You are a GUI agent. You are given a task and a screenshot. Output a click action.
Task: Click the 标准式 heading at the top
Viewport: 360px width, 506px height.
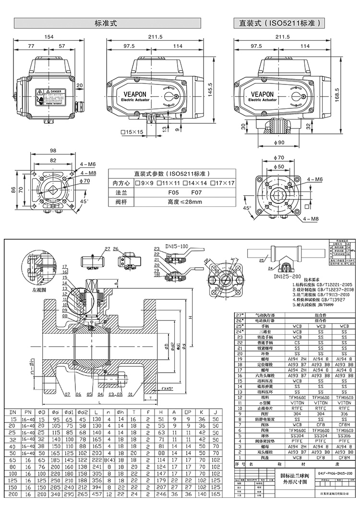click(107, 23)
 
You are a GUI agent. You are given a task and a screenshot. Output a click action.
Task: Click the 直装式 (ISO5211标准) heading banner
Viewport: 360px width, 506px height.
click(279, 23)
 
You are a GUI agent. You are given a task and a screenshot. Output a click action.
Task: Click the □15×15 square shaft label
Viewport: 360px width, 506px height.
click(132, 132)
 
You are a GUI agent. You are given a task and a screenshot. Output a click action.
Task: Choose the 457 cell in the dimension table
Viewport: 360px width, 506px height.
click(97, 494)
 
